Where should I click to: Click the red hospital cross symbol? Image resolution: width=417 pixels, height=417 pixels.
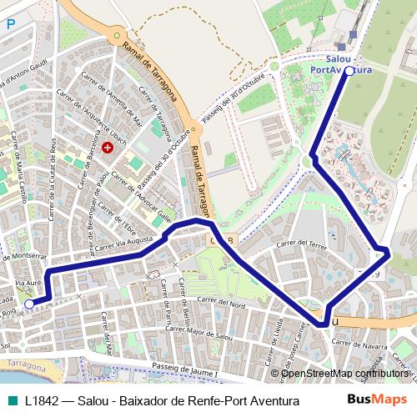(x=107, y=148)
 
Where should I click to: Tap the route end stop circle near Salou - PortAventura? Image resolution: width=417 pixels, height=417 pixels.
(x=349, y=72)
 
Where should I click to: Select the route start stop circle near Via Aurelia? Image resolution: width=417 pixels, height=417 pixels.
(x=30, y=304)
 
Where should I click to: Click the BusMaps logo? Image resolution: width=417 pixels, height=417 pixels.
(x=377, y=399)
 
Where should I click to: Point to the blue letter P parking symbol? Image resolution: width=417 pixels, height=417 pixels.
(x=11, y=25)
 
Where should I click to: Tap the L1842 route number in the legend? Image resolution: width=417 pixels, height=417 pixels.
(x=42, y=400)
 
